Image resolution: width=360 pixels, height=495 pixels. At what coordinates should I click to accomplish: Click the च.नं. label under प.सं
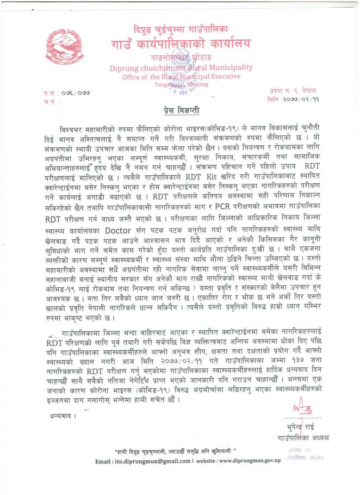[52, 101]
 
